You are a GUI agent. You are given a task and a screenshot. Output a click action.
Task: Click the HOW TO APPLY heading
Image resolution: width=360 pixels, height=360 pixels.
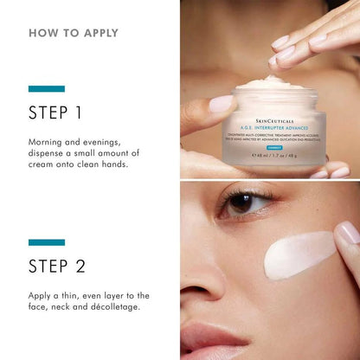(74, 34)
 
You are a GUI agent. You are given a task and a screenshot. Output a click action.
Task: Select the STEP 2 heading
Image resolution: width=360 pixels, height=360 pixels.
(56, 267)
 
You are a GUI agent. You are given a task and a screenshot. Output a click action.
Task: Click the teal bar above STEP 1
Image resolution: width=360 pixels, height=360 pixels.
(47, 88)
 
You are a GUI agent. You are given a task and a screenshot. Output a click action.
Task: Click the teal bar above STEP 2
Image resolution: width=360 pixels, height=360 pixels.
(47, 242)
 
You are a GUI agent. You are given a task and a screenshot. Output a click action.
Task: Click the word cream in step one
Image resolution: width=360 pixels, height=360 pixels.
(45, 164)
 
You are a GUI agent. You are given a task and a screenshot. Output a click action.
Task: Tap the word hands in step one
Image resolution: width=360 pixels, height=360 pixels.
(112, 164)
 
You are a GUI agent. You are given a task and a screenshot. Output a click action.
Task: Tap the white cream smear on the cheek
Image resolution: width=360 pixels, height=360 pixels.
(299, 255)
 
